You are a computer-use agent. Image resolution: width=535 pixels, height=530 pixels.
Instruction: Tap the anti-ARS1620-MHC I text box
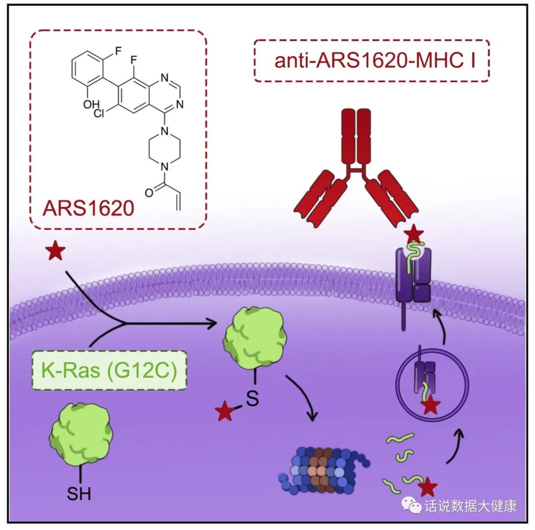click(372, 61)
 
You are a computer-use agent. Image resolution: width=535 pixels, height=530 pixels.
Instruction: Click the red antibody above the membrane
click(356, 169)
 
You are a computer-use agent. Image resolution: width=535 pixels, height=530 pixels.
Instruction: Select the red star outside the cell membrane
click(55, 251)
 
